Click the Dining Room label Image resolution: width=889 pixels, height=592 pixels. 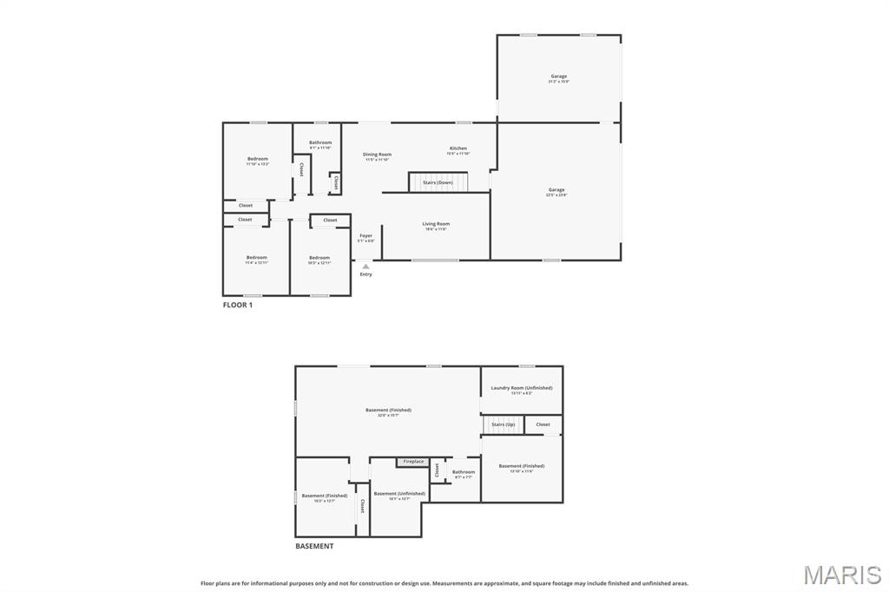click(x=377, y=155)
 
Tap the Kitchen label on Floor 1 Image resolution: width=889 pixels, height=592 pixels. click(x=458, y=148)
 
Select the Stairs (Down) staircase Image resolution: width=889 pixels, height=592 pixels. click(x=438, y=182)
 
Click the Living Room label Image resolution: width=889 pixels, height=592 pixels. click(x=436, y=224)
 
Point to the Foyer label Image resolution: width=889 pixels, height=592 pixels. click(x=365, y=235)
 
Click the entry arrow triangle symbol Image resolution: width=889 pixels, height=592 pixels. click(x=365, y=266)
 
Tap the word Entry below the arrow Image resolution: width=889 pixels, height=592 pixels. click(x=365, y=274)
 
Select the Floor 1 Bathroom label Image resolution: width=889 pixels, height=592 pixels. click(x=320, y=142)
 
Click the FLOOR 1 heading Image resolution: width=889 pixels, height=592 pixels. click(x=237, y=305)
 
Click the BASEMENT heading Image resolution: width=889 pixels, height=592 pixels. click(x=313, y=546)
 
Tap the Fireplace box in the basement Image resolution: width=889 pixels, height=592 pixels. click(x=413, y=462)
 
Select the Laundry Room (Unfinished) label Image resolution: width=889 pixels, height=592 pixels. click(x=521, y=388)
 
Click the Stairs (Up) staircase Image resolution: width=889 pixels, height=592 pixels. click(x=503, y=424)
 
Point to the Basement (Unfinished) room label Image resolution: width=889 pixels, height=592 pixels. click(x=399, y=493)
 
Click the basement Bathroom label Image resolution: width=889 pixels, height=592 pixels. click(x=463, y=472)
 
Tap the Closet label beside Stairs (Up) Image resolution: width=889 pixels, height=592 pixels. click(x=543, y=424)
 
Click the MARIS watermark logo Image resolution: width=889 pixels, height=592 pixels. click(x=842, y=575)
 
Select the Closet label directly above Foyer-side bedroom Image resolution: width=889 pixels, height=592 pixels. click(x=330, y=220)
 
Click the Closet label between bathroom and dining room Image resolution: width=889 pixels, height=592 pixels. click(x=336, y=182)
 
